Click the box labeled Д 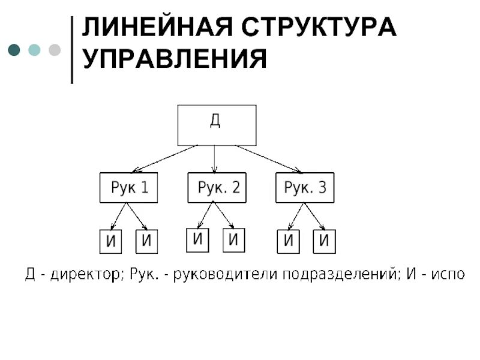click(217, 125)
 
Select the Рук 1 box click(128, 188)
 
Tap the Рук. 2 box click(217, 188)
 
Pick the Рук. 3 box click(304, 188)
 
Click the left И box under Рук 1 click(110, 242)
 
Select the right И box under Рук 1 click(146, 241)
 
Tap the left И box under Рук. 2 click(199, 240)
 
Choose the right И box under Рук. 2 click(235, 240)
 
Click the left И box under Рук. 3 click(288, 241)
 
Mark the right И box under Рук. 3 click(324, 241)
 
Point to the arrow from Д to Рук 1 click(165, 159)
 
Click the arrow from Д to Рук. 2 click(215, 159)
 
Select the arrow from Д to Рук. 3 click(268, 159)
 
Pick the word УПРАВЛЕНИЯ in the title click(175, 59)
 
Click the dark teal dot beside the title click(14, 49)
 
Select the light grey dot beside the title click(54, 49)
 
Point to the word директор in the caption click(86, 275)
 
